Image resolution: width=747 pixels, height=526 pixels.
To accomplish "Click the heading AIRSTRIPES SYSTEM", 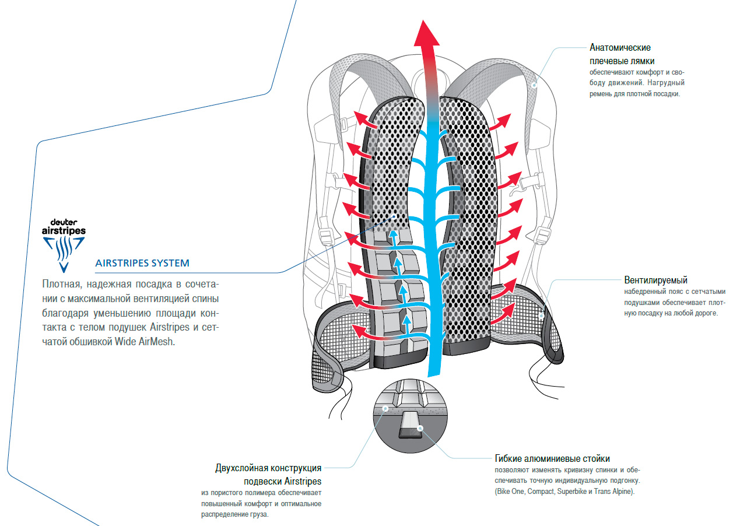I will tap(142, 263).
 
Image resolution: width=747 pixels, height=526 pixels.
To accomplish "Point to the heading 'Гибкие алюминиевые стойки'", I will tap(552, 459).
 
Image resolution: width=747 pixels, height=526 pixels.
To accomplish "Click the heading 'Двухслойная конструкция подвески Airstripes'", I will tap(268, 474).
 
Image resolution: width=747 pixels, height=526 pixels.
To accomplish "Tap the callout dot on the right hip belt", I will tap(542, 315).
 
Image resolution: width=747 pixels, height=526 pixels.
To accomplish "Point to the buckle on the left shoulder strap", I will tap(345, 124).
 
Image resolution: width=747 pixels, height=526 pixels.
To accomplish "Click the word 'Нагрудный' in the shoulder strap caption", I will tap(665, 83).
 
